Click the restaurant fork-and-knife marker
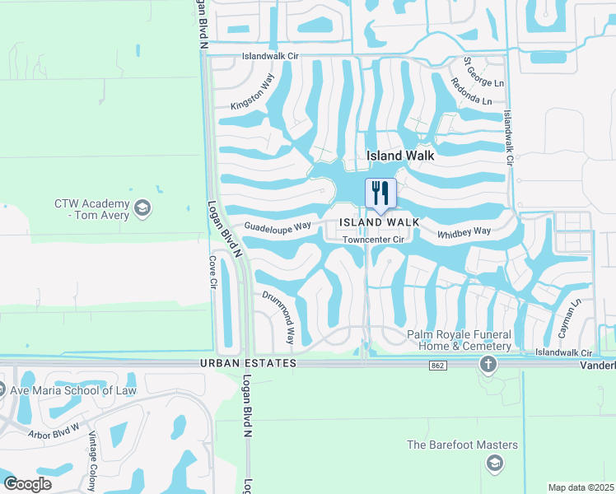click(380, 193)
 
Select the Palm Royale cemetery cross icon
click(488, 364)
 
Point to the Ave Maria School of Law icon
click(4, 390)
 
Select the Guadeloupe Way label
click(277, 226)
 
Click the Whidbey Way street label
click(464, 232)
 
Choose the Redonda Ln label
click(470, 91)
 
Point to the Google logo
click(28, 484)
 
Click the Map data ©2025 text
click(581, 487)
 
